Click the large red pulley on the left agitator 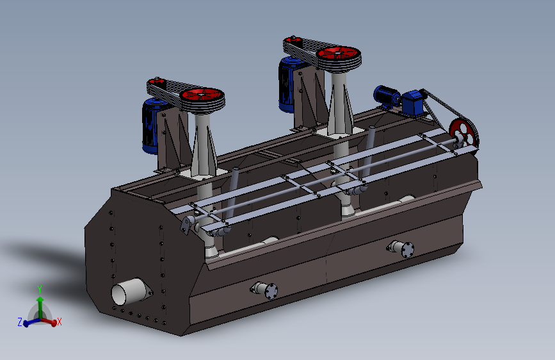pyautogui.click(x=202, y=95)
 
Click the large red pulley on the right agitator pyautogui.click(x=339, y=54)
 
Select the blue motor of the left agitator pyautogui.click(x=152, y=126)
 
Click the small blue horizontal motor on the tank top pyautogui.click(x=387, y=95)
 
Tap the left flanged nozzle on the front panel pyautogui.click(x=266, y=290)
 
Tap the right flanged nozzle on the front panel pyautogui.click(x=401, y=249)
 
